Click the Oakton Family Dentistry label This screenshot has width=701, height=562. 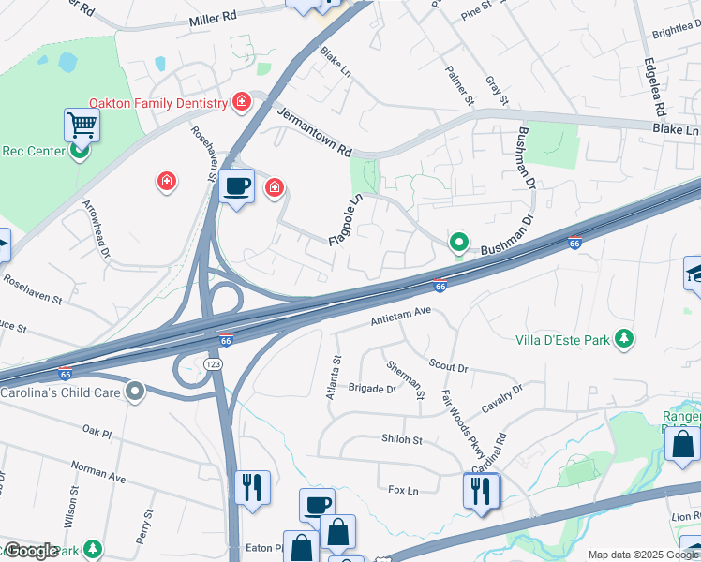click(x=157, y=103)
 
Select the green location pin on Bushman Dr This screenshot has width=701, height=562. click(x=458, y=243)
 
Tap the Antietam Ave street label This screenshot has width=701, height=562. click(x=400, y=315)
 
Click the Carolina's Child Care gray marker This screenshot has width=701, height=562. click(x=136, y=392)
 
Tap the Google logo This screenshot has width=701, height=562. click(x=30, y=551)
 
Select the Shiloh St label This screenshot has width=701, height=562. click(x=402, y=439)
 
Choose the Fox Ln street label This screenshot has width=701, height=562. click(x=402, y=489)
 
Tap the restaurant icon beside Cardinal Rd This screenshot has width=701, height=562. click(x=482, y=490)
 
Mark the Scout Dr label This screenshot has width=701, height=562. click(x=448, y=365)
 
